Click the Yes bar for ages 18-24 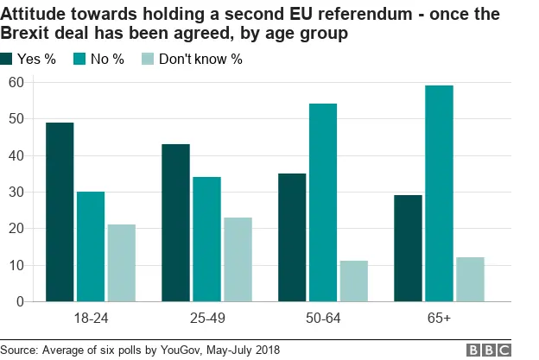(x=60, y=212)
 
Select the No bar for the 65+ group (x=438, y=193)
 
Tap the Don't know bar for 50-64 (x=353, y=281)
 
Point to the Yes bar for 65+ (x=408, y=249)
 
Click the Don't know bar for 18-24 (x=121, y=263)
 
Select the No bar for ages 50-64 (x=322, y=203)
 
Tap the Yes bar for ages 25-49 (x=175, y=223)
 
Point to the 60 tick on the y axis (x=15, y=82)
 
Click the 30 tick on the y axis (x=15, y=192)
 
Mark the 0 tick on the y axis (x=18, y=302)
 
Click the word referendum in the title (x=341, y=13)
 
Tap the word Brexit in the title (x=27, y=33)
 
